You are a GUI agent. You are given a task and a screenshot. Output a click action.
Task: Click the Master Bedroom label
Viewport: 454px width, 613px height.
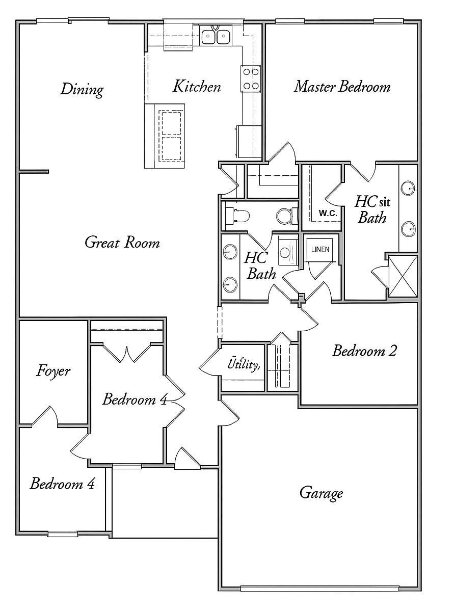[342, 87]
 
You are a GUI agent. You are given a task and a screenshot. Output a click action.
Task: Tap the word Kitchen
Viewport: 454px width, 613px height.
[197, 86]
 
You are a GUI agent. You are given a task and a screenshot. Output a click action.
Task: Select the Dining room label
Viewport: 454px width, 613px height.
[82, 89]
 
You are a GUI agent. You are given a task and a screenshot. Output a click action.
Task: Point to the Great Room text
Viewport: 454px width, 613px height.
[122, 242]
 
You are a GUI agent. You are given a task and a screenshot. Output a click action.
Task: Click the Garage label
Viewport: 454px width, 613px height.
[321, 493]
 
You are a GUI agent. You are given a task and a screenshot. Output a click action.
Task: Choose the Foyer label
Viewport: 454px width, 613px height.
[53, 370]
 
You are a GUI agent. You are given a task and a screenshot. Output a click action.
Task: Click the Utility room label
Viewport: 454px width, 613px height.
[244, 364]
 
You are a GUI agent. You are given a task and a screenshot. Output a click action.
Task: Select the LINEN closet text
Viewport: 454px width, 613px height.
[321, 250]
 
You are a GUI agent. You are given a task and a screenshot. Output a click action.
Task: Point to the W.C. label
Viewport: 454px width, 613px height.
[328, 214]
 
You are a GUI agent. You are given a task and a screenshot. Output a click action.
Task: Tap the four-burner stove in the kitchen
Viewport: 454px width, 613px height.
[250, 79]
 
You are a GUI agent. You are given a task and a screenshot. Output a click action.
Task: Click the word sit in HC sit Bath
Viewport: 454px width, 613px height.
[384, 203]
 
